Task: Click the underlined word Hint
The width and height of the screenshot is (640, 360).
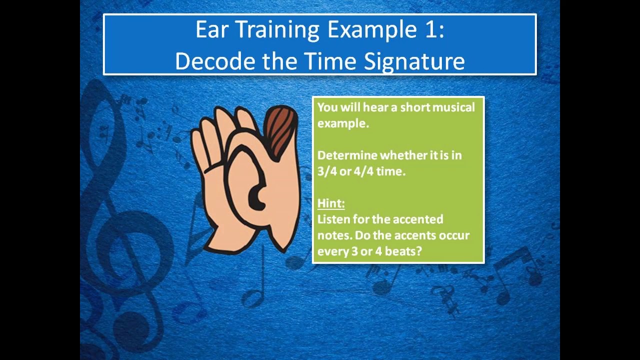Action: (331, 203)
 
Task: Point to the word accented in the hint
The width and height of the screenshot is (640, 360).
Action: (418, 219)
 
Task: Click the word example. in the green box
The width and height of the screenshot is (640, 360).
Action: (343, 123)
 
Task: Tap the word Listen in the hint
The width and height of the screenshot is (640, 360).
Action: (333, 219)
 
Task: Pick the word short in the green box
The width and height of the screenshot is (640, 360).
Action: (415, 107)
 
